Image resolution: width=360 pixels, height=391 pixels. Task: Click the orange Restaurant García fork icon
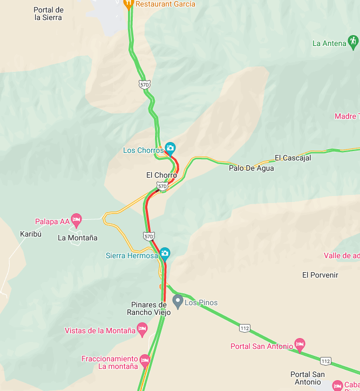128,4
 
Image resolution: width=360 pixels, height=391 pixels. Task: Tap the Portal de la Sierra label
48,14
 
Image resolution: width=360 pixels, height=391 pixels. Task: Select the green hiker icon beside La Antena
353,41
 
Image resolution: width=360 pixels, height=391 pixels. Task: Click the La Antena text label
329,43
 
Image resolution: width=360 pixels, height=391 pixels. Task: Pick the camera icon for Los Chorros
170,148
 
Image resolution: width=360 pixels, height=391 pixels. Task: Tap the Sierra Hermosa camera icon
165,253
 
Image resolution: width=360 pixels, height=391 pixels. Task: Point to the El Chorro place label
161,175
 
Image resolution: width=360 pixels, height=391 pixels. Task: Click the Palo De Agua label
251,168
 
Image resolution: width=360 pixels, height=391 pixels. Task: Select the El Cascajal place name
293,158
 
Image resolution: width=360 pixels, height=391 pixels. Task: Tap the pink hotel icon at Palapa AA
76,219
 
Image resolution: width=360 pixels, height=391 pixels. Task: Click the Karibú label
31,234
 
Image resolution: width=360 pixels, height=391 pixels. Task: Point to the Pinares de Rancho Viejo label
149,308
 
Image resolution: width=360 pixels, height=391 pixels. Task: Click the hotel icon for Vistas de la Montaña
142,328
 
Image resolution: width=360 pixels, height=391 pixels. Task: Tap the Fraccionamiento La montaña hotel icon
144,360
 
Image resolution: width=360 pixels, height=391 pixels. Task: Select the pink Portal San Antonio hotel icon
300,343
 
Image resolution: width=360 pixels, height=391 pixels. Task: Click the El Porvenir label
320,275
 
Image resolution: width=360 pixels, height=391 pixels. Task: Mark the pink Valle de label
342,255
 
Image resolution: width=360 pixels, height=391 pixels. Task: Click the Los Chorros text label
143,150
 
